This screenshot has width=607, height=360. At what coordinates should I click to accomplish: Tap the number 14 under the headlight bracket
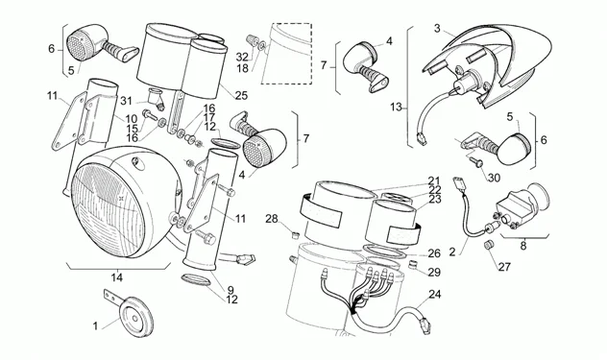coord(116,277)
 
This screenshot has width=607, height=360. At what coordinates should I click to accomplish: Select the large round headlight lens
coord(109,210)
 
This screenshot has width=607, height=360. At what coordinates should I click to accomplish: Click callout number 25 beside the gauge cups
coord(241,95)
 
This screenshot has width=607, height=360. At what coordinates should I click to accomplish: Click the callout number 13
coord(396,107)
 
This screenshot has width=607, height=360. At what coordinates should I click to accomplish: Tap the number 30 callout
coord(494,178)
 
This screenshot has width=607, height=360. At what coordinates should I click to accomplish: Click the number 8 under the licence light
coord(523,246)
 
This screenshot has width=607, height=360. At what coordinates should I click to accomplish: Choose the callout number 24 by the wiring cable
coord(435,295)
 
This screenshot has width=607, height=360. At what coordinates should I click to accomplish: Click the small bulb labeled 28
coord(296,234)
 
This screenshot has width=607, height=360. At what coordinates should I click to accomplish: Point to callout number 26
coord(434,253)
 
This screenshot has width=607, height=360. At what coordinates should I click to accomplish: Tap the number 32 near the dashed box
coord(242,58)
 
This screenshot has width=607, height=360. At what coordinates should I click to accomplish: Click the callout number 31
coord(126,101)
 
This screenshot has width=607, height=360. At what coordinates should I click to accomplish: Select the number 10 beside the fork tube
coord(132,118)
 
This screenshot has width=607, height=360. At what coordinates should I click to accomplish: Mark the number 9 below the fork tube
coord(231,290)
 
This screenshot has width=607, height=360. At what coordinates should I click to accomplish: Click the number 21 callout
coord(434,180)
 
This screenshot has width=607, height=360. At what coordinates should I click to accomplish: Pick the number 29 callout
coord(434,272)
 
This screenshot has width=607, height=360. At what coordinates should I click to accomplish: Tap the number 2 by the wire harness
coord(452,252)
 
